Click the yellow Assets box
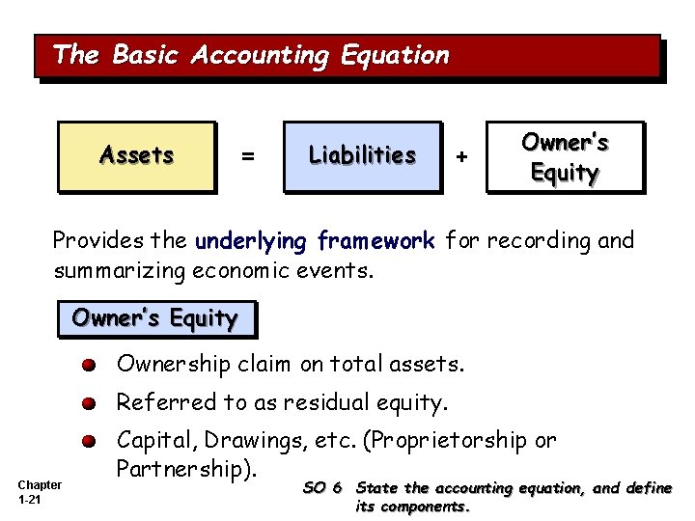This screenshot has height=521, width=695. pyautogui.click(x=136, y=155)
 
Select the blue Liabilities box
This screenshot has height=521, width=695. pyautogui.click(x=362, y=155)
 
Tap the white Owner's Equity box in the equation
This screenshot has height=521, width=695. pyautogui.click(x=565, y=157)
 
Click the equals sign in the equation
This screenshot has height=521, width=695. pyautogui.click(x=248, y=155)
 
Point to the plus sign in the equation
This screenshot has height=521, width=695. pyautogui.click(x=462, y=155)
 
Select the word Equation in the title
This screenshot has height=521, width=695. pyautogui.click(x=395, y=55)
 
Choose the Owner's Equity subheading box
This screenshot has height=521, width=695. pyautogui.click(x=155, y=318)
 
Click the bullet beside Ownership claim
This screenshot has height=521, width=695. pyautogui.click(x=89, y=366)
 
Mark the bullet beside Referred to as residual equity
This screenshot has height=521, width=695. pyautogui.click(x=89, y=403)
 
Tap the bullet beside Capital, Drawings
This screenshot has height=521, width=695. pyautogui.click(x=89, y=441)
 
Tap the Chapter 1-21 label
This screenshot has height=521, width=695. pyautogui.click(x=40, y=492)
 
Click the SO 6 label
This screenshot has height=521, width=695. pyautogui.click(x=322, y=488)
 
